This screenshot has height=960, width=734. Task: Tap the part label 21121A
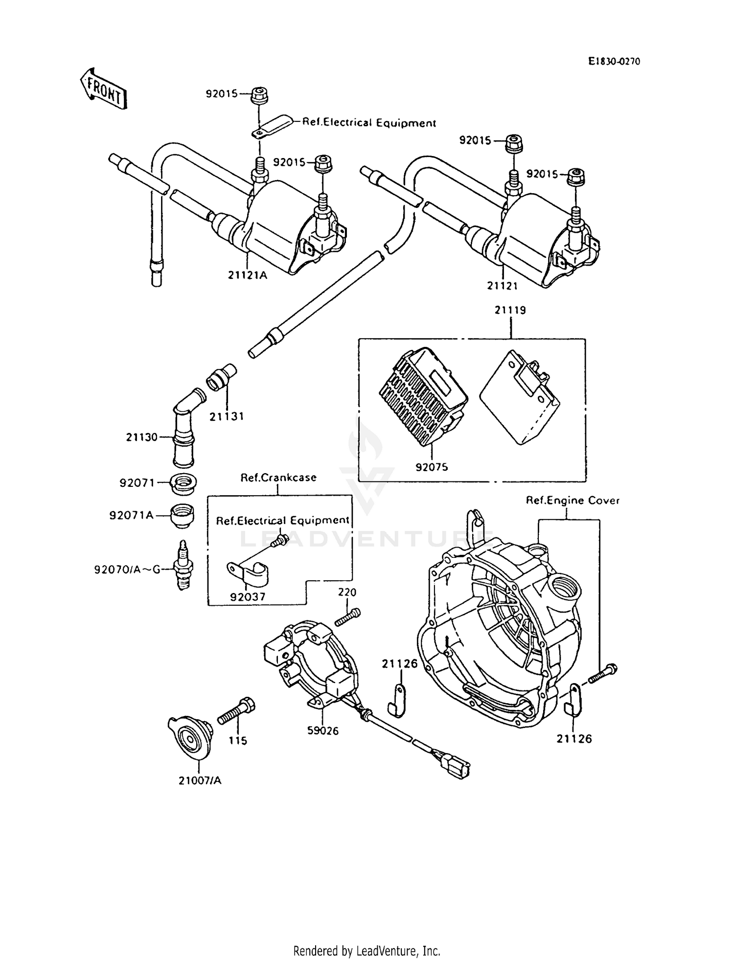[248, 275]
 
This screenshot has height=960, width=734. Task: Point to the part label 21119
[510, 310]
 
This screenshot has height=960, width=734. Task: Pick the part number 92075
[432, 467]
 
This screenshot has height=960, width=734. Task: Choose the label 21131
[227, 416]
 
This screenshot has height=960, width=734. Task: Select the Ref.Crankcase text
[278, 477]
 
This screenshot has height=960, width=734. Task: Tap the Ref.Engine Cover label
[573, 501]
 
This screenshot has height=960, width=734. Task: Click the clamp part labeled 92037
[248, 573]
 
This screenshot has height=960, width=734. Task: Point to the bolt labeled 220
[348, 617]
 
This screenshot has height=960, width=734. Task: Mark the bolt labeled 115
[236, 712]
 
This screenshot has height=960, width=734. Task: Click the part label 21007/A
[200, 780]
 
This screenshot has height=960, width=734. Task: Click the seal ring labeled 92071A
[182, 516]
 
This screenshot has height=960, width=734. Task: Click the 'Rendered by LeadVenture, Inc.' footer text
[367, 951]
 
